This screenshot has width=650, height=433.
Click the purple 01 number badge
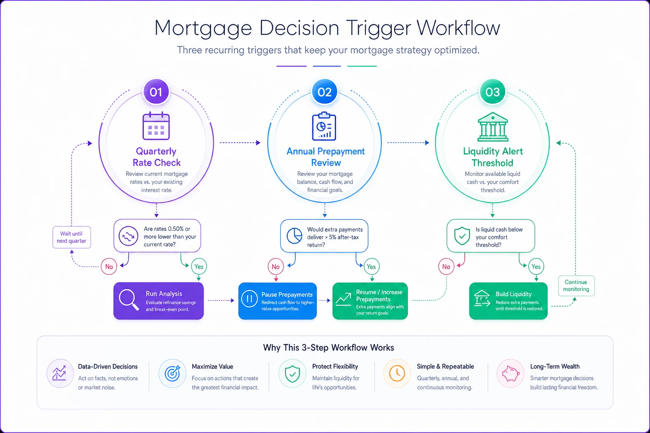tap(156, 92)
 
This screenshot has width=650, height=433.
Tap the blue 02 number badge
tap(325, 92)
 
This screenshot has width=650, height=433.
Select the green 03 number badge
tap(493, 92)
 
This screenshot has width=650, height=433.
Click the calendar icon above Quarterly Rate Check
tap(156, 126)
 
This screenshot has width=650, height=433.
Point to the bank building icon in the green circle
tap(493, 126)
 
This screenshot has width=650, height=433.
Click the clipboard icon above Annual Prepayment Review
tap(324, 126)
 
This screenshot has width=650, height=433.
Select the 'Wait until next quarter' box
tap(72, 237)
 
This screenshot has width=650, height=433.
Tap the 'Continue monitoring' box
tap(576, 286)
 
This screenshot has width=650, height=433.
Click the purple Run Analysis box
tap(158, 301)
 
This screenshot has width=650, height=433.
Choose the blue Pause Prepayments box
tap(278, 301)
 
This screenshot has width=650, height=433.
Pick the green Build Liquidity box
tap(508, 301)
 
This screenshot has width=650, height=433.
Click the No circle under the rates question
tap(109, 266)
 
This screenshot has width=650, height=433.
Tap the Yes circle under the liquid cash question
tap(536, 266)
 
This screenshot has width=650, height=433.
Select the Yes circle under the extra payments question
tap(372, 266)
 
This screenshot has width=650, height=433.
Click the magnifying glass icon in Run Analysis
tap(129, 300)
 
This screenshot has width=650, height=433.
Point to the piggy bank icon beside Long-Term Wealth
tap(510, 373)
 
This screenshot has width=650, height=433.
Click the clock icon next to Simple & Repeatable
tap(397, 373)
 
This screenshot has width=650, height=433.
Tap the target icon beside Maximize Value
tap(173, 373)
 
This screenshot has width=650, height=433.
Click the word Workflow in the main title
tap(459, 28)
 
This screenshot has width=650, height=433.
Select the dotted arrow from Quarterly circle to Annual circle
tap(240, 143)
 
